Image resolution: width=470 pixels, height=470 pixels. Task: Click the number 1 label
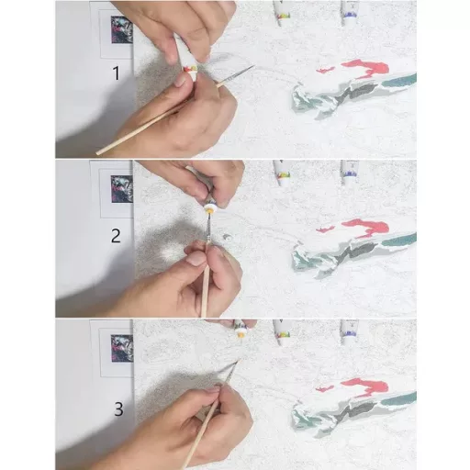[116, 74]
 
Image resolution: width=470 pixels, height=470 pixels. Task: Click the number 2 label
[116, 236]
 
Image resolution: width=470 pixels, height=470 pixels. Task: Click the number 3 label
[117, 408]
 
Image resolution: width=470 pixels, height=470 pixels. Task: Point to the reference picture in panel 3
[121, 349]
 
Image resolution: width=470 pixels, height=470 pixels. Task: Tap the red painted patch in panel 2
[364, 227]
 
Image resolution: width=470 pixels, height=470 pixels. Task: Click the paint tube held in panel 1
[189, 64]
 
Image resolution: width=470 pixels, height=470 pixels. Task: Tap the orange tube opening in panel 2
[210, 209]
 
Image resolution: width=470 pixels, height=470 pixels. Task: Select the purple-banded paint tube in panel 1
[349, 11]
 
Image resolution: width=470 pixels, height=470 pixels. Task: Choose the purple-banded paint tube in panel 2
[349, 172]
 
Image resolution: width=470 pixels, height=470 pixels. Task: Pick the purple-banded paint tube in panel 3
[349, 331]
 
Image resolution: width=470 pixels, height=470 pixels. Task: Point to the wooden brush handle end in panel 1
[99, 151]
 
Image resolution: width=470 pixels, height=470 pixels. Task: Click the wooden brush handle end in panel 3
[187, 464]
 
